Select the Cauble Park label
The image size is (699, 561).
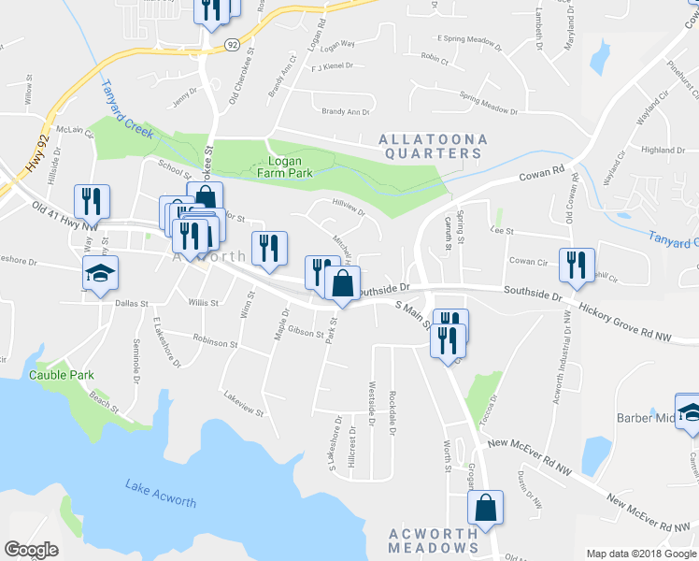pos(62,375)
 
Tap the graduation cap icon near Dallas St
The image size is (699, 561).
pos(98,274)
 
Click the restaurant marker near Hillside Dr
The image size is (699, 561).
pos(92,200)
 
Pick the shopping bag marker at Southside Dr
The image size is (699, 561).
pos(343,283)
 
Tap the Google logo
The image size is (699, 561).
pos(31,550)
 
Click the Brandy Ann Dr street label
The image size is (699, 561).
pos(346,112)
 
